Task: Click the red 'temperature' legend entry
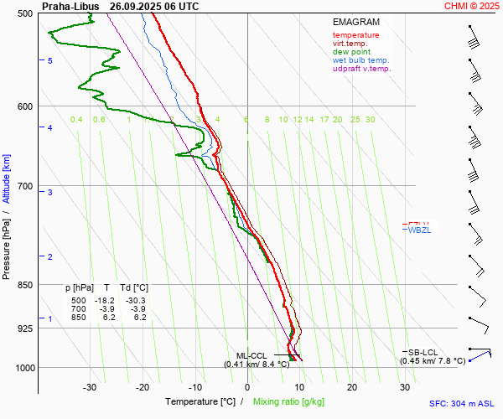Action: [355, 35]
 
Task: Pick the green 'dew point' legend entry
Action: [352, 52]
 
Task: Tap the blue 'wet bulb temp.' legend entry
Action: [360, 60]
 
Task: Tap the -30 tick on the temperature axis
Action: [90, 387]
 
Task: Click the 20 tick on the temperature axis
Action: [352, 387]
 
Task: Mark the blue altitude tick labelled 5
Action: [50, 61]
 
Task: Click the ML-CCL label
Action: [251, 355]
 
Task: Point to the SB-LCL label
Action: [425, 352]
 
